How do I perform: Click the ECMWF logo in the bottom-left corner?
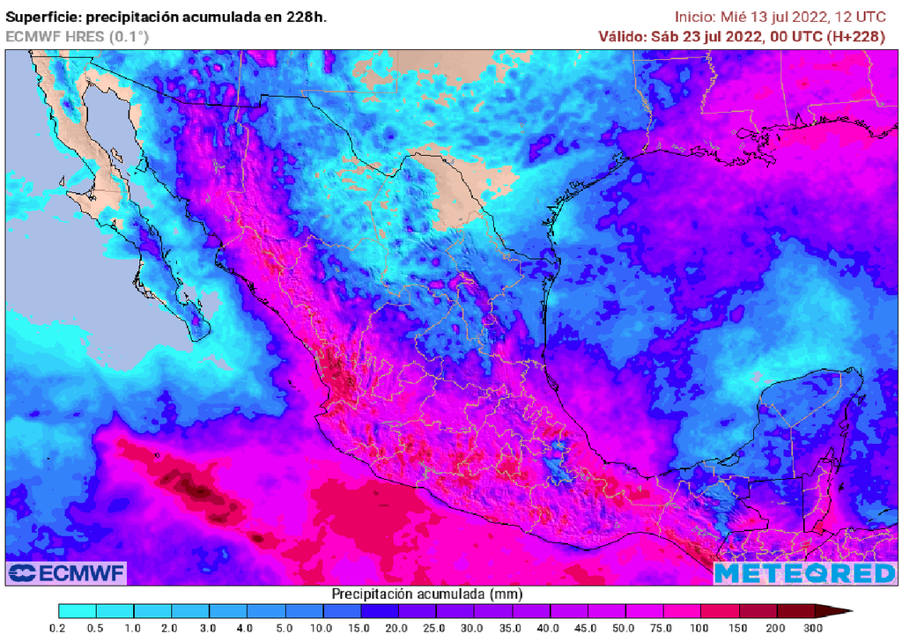(x=66, y=573)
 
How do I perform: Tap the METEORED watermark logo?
(x=804, y=573)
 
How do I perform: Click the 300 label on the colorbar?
(x=813, y=628)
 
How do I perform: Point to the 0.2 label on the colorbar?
(x=59, y=628)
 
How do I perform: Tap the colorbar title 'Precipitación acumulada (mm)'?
(x=418, y=594)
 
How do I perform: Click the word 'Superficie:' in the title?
(x=43, y=17)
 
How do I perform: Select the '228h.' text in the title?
(x=307, y=17)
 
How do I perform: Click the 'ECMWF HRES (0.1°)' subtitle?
(x=78, y=36)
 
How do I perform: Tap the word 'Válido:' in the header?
(x=622, y=36)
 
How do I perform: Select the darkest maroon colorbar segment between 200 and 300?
(x=795, y=610)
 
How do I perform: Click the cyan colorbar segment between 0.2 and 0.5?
(x=78, y=610)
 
